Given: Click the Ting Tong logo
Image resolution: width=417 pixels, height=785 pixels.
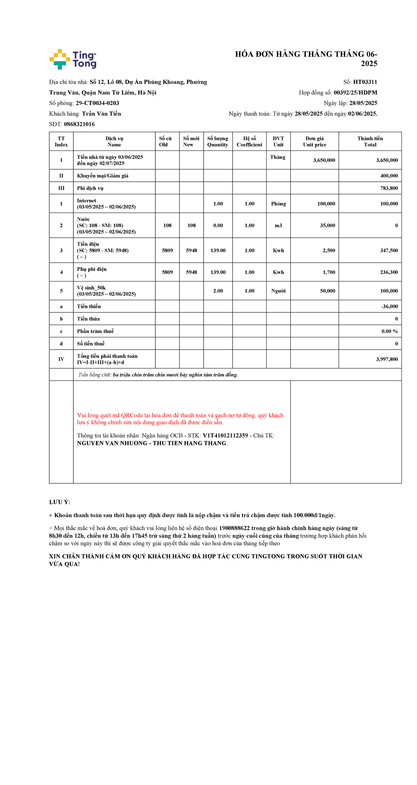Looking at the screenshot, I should [x=73, y=59].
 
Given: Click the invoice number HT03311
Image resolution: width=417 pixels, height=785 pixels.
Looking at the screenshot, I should [x=365, y=82].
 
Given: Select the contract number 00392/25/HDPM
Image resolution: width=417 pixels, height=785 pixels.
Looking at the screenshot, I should [x=355, y=92].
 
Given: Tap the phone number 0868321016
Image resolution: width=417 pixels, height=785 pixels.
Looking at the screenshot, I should [x=79, y=124].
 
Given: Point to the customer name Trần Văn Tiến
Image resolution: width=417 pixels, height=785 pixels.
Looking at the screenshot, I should [x=101, y=114].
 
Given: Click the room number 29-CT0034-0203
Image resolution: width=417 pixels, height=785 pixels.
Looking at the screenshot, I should [x=97, y=103].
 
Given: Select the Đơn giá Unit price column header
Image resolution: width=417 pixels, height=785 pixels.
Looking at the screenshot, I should [x=314, y=141].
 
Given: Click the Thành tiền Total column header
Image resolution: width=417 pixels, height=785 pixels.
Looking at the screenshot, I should [x=370, y=141].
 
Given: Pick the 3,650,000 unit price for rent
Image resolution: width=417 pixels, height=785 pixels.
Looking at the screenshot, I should [x=324, y=160].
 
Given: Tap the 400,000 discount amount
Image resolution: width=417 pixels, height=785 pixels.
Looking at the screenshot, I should [x=389, y=176].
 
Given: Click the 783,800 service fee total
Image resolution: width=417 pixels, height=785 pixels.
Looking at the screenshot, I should [x=389, y=188].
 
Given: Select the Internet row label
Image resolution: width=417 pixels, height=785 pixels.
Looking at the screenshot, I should [x=87, y=201].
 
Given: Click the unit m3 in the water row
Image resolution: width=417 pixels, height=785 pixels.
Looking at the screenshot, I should [x=278, y=226].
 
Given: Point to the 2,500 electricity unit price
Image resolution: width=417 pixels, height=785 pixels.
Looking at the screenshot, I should [x=329, y=251].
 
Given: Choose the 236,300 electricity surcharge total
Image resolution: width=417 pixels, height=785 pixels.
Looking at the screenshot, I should [x=389, y=272].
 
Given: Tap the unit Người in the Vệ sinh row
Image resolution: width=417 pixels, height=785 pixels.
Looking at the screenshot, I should [x=278, y=291].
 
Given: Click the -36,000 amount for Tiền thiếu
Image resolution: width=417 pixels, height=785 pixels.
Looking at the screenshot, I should [x=389, y=306].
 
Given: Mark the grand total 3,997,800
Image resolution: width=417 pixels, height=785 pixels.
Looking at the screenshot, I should [x=387, y=359].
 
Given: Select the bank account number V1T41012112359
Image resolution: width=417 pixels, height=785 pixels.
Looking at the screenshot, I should [x=225, y=436].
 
